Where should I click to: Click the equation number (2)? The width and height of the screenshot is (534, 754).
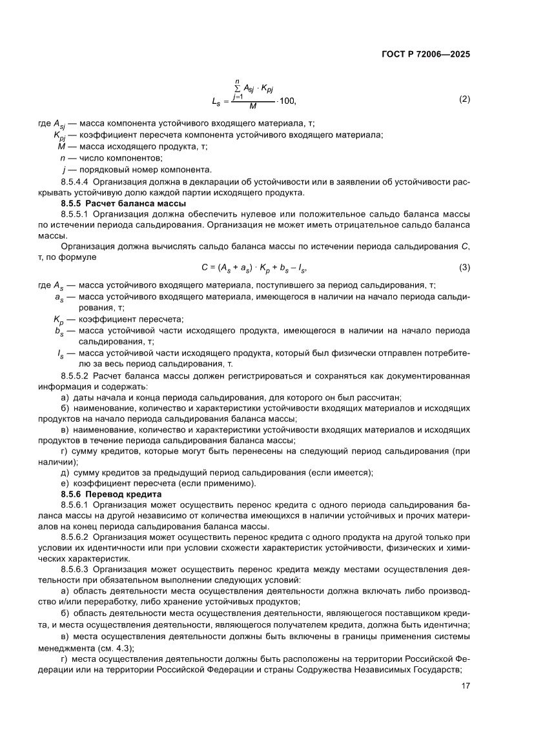[x=464, y=99]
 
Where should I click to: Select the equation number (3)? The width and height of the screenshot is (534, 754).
[x=464, y=266]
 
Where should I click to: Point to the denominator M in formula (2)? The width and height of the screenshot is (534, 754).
[x=252, y=106]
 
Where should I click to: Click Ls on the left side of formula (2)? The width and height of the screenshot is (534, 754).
[x=216, y=101]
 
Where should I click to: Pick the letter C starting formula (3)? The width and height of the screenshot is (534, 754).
[x=205, y=266]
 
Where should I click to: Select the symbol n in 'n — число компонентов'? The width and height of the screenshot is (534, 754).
[x=62, y=158]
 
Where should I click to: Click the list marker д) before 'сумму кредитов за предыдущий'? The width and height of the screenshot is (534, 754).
[x=65, y=472]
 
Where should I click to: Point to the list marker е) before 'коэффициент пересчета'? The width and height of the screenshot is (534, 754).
[x=65, y=482]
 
